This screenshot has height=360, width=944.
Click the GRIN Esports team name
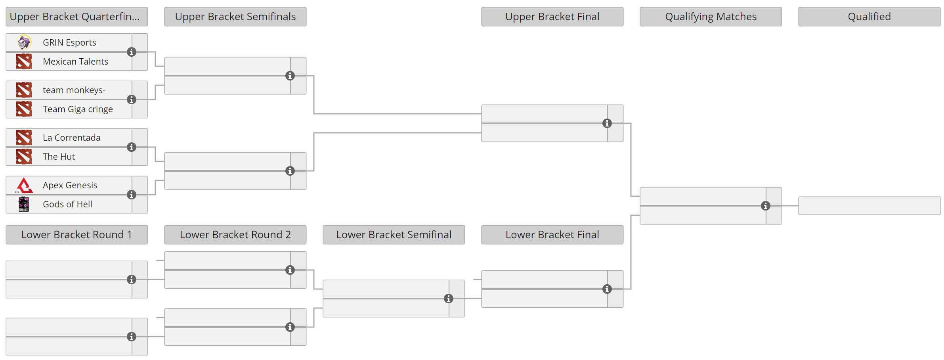point(69,42)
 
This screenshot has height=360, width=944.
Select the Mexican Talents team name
point(75,61)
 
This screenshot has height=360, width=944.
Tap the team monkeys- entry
point(74,90)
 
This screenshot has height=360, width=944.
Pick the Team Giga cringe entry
point(78,109)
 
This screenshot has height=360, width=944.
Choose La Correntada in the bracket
point(72,138)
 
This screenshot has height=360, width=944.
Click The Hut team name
point(59,157)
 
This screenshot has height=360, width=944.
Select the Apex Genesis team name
point(70,185)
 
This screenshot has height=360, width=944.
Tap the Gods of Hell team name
point(67,204)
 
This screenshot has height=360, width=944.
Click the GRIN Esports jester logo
point(24,42)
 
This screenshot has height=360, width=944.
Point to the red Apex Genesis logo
point(24,185)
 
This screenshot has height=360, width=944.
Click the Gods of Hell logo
point(24,204)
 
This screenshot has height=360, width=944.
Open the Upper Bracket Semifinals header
point(235,17)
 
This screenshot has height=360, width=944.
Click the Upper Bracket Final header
point(552,17)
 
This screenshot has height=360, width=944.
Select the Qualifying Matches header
point(711,17)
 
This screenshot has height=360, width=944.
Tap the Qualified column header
point(869,17)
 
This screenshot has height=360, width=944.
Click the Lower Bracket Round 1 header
point(76,235)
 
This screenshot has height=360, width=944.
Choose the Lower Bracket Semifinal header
point(394,235)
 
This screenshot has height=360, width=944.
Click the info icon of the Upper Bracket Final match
point(607,123)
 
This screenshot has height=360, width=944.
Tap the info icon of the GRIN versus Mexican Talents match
point(132,52)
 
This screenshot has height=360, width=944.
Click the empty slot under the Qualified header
point(869,206)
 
